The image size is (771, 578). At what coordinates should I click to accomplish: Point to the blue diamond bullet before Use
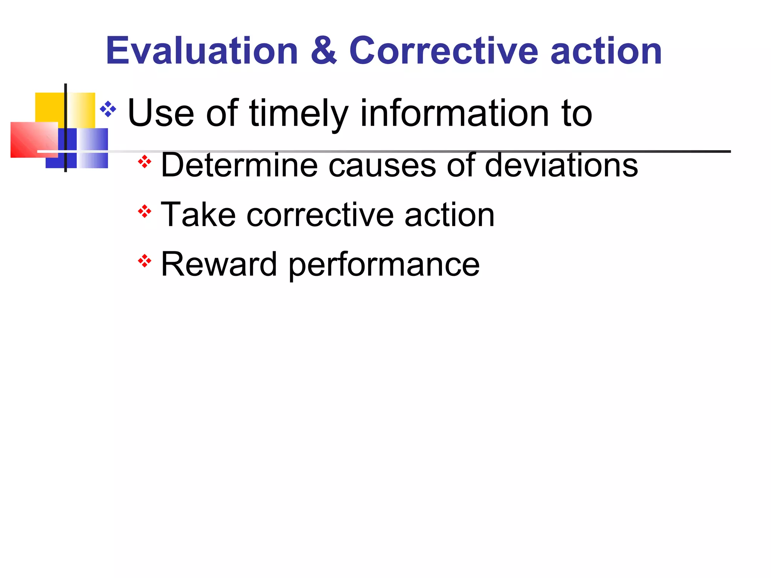[108, 109]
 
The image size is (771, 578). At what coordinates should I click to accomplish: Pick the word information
[455, 113]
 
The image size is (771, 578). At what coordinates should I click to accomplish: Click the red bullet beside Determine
[145, 162]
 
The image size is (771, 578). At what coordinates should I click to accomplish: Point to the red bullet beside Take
[145, 211]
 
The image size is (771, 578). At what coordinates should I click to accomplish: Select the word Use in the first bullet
[161, 113]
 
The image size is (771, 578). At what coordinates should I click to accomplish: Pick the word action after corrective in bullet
[449, 215]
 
